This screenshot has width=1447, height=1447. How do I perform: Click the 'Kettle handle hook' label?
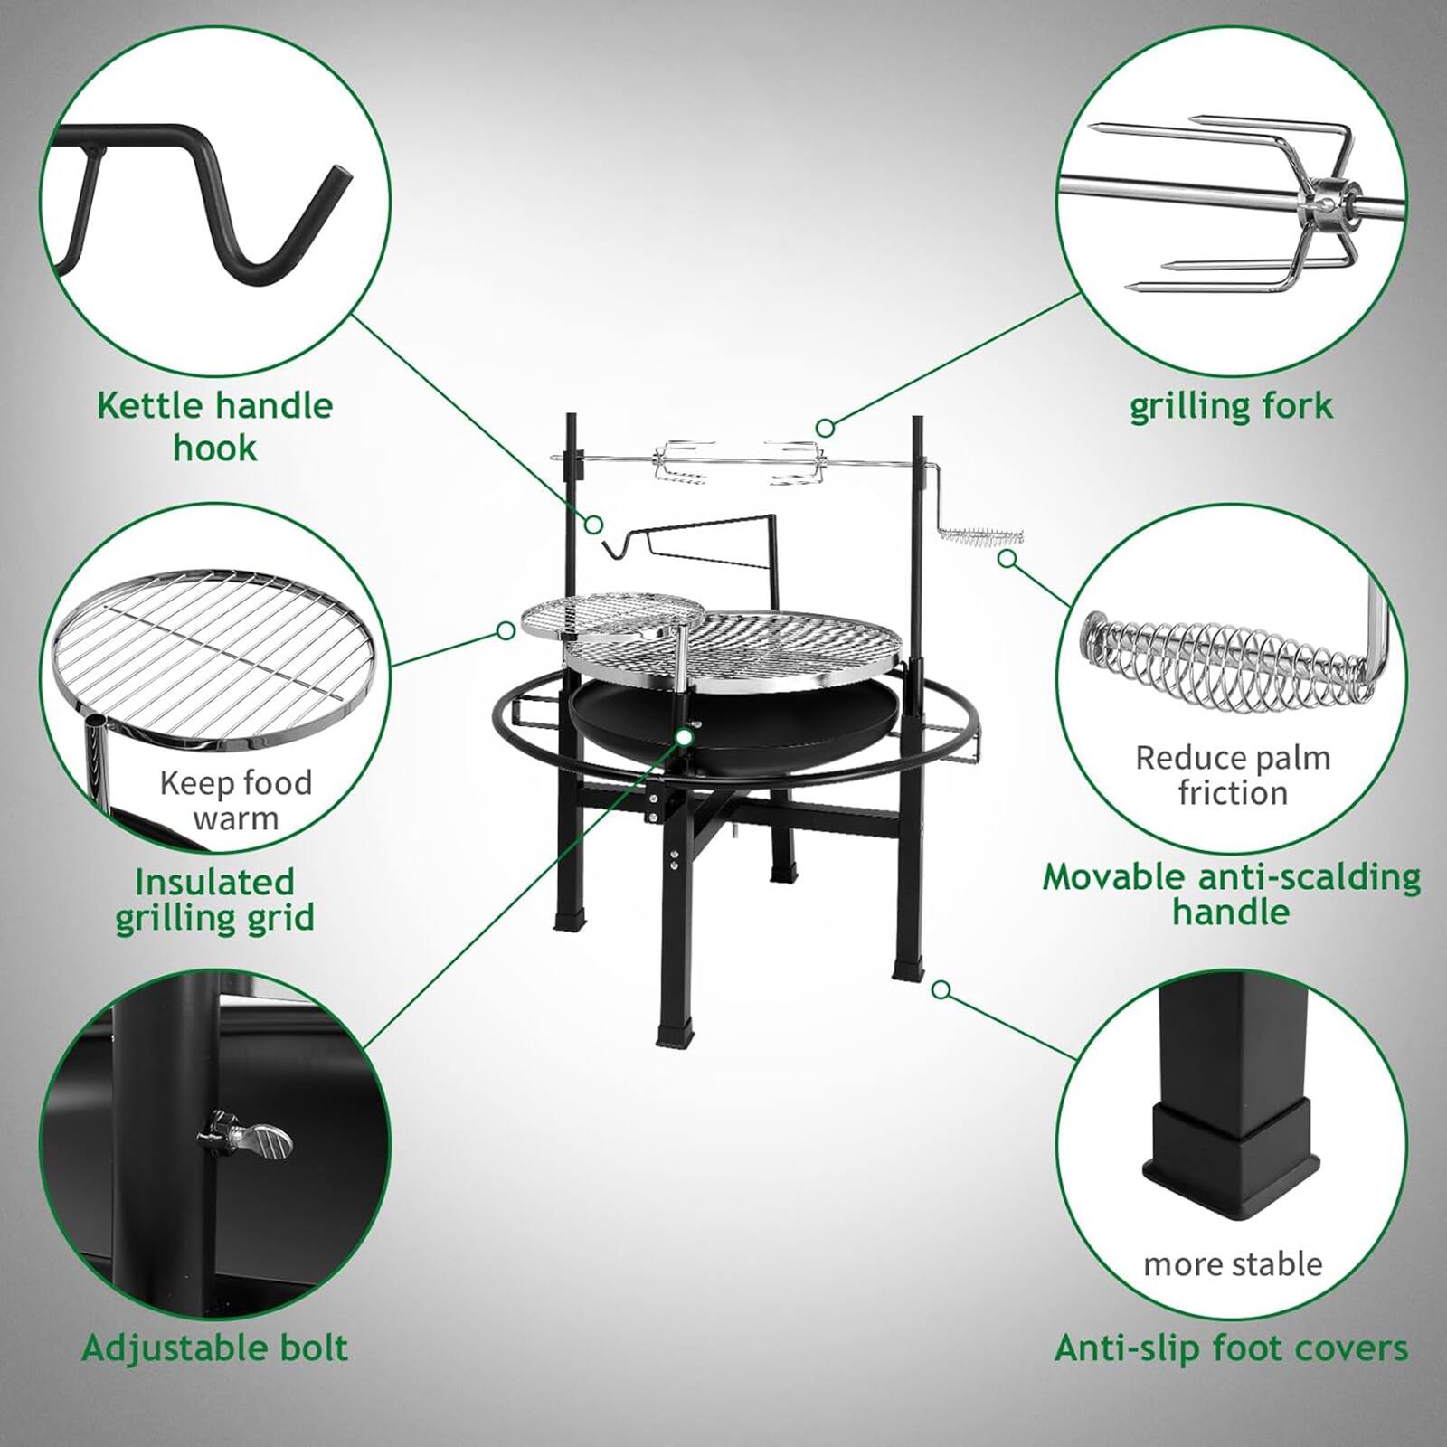click(215, 426)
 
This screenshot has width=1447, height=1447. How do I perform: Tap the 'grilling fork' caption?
click(1231, 406)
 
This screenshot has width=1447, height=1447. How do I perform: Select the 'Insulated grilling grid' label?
click(215, 899)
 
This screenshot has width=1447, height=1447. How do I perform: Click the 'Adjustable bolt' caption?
click(215, 1348)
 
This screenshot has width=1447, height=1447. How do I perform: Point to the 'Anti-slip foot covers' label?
click(1231, 1348)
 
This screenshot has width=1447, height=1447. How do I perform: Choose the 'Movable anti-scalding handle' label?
click(1231, 894)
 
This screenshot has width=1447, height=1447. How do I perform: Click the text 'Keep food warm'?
click(235, 799)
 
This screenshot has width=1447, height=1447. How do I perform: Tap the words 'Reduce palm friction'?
click(1233, 774)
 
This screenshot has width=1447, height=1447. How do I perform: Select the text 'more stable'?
click(1233, 1263)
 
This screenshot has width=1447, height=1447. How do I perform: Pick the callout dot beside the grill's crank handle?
click(1006, 558)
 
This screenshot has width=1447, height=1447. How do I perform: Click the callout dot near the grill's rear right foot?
click(941, 990)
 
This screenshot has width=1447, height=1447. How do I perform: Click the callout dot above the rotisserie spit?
click(824, 427)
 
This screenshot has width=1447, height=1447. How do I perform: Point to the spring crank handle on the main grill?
click(981, 536)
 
